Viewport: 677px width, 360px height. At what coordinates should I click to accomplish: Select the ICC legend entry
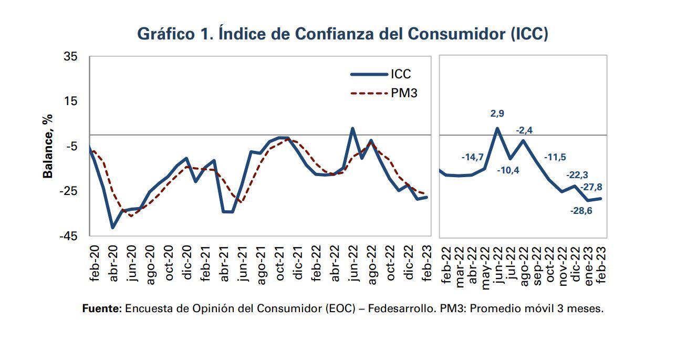(400, 74)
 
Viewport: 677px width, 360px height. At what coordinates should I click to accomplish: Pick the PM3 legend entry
(403, 94)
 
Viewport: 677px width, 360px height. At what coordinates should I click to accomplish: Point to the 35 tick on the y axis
(70, 56)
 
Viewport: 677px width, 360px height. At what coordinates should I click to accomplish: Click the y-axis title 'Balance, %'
(48, 146)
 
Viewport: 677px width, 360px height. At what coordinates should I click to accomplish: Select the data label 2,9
(497, 114)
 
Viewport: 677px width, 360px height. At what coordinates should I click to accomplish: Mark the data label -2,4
(524, 130)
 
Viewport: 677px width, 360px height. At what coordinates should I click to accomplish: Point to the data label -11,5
(555, 157)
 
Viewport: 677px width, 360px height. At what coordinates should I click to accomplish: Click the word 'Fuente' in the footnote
(102, 308)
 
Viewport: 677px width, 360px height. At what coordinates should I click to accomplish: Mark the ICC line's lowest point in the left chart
(112, 228)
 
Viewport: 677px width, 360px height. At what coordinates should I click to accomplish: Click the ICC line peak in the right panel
(497, 128)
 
